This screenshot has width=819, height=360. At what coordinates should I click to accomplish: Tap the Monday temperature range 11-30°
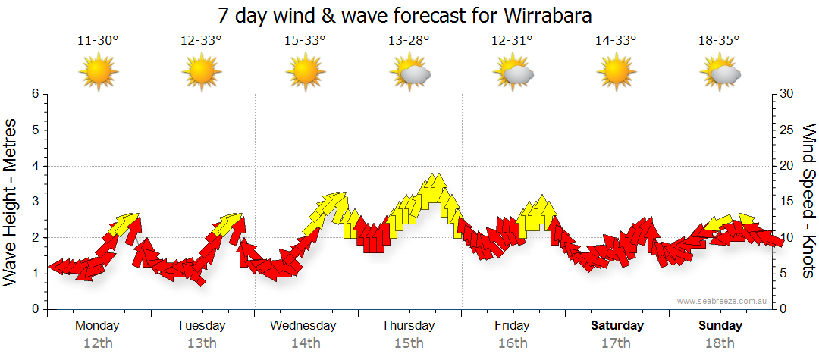pyautogui.click(x=98, y=41)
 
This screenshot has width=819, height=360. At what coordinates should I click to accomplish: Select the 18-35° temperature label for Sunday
pyautogui.click(x=719, y=41)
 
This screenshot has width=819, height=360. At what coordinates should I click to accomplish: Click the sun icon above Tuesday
pyautogui.click(x=202, y=73)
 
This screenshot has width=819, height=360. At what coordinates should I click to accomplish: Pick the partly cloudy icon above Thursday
pyautogui.click(x=410, y=73)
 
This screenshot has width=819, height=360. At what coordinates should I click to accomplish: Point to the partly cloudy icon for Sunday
pyautogui.click(x=720, y=73)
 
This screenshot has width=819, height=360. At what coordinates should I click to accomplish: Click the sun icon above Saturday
pyautogui.click(x=616, y=73)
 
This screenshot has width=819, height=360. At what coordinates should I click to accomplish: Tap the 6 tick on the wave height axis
pyautogui.click(x=34, y=94)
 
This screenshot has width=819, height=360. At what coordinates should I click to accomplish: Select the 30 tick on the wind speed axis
pyautogui.click(x=787, y=94)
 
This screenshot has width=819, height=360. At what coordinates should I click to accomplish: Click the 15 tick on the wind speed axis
pyautogui.click(x=787, y=202)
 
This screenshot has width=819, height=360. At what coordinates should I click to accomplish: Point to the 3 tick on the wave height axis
pyautogui.click(x=34, y=202)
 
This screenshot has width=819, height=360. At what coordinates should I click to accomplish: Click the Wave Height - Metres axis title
pyautogui.click(x=11, y=202)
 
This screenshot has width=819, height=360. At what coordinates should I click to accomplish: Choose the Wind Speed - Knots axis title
pyautogui.click(x=808, y=202)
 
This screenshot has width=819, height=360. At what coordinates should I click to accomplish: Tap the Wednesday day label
pyautogui.click(x=303, y=326)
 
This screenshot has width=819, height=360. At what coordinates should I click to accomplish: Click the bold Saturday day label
pyautogui.click(x=617, y=326)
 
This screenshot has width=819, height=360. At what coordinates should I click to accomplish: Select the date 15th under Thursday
pyautogui.click(x=409, y=343)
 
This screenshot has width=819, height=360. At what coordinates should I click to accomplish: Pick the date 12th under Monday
pyautogui.click(x=98, y=343)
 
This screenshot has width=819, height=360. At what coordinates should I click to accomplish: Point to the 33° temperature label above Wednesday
pyautogui.click(x=305, y=41)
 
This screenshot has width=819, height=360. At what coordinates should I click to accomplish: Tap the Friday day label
pyautogui.click(x=512, y=326)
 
